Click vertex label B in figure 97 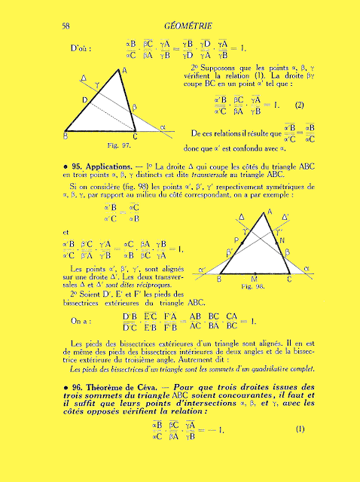66,137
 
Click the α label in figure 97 163,127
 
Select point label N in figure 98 282,240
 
